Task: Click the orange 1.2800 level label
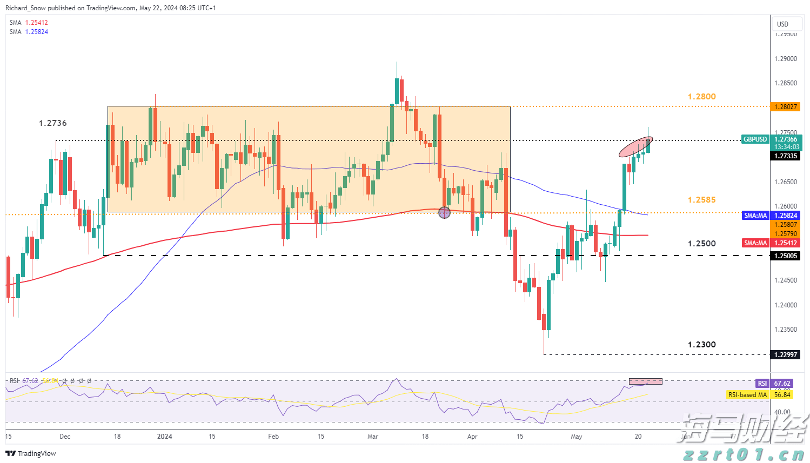tap(701, 97)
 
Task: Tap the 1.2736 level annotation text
tap(53, 123)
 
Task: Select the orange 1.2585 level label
tap(701, 200)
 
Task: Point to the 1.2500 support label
tap(701, 244)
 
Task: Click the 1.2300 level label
tap(701, 345)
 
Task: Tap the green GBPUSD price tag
tap(755, 139)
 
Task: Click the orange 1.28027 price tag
tap(785, 107)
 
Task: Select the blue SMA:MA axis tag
tap(755, 216)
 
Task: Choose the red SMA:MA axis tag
tap(755, 243)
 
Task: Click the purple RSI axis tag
tap(762, 384)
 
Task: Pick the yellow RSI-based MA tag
tap(747, 395)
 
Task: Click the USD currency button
tap(782, 24)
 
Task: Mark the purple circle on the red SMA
tap(444, 212)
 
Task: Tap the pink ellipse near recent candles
tap(635, 147)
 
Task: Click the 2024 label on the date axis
tap(164, 437)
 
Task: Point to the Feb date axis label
tap(273, 437)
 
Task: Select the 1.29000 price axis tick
tap(786, 59)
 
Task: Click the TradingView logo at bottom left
tap(31, 453)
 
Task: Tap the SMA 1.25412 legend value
tap(36, 23)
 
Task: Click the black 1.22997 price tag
tap(785, 355)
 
